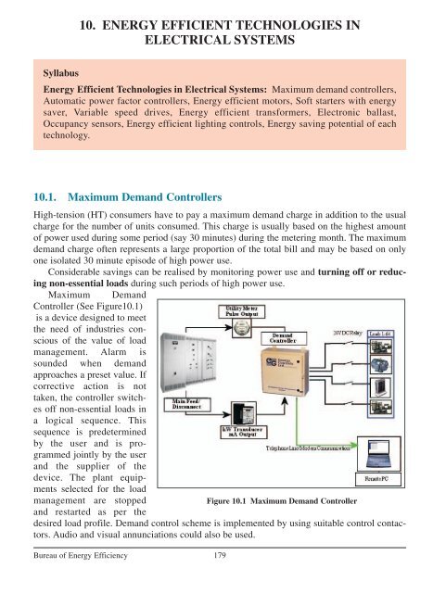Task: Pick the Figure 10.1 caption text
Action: pyautogui.click(x=289, y=529)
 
